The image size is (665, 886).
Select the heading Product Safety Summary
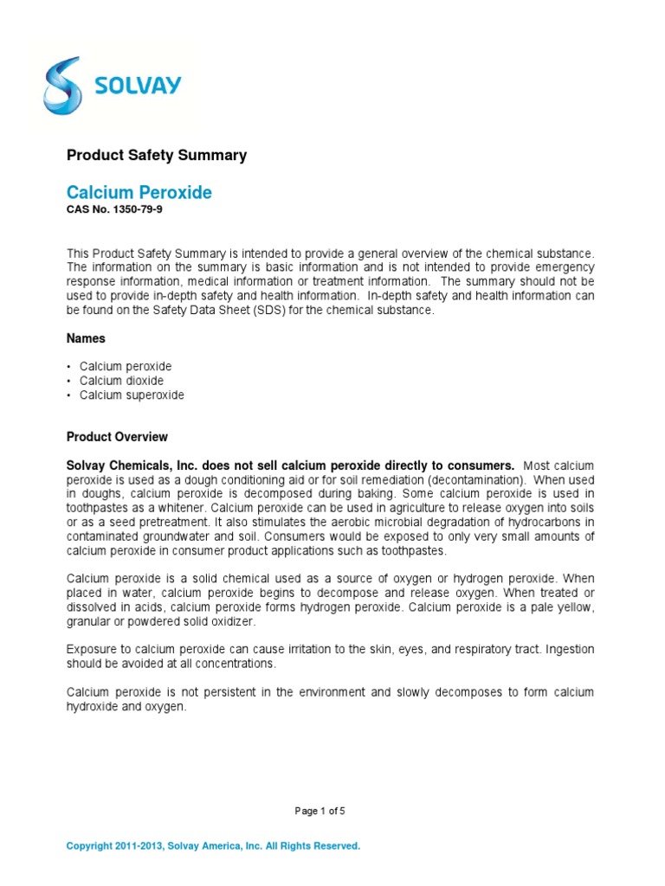click(x=157, y=156)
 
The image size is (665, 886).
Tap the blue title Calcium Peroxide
click(x=139, y=193)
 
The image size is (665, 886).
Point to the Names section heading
click(x=87, y=338)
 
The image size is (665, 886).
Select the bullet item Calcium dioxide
click(x=121, y=381)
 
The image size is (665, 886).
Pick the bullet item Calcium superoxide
click(x=132, y=395)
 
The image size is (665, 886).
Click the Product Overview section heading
click(x=117, y=437)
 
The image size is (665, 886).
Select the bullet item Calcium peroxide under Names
click(x=126, y=366)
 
